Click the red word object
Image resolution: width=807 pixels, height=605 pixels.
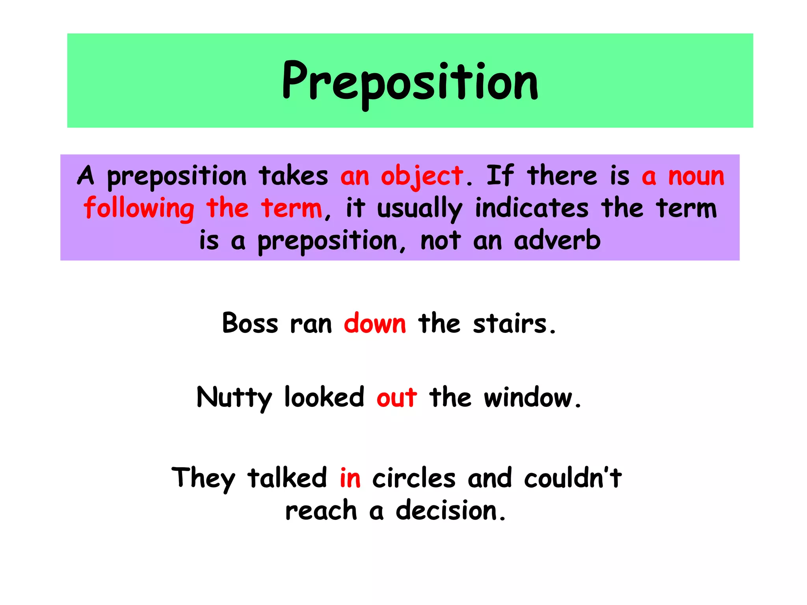pyautogui.click(x=422, y=176)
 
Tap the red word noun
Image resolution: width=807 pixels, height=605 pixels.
pyautogui.click(x=696, y=176)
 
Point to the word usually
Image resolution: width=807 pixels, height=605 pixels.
pyautogui.click(x=419, y=209)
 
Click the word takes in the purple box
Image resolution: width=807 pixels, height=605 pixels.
pyautogui.click(x=294, y=176)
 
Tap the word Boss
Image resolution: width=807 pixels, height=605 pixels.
pyautogui.click(x=250, y=323)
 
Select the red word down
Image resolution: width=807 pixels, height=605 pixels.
pyautogui.click(x=375, y=323)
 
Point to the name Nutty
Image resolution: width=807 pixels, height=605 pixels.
pyautogui.click(x=234, y=398)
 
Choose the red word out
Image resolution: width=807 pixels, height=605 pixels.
pyautogui.click(x=397, y=398)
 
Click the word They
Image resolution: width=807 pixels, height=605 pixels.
pyautogui.click(x=203, y=478)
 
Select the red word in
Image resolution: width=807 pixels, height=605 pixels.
pyautogui.click(x=350, y=477)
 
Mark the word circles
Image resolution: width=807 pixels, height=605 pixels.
pyautogui.click(x=414, y=478)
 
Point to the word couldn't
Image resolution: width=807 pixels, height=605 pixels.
pyautogui.click(x=573, y=477)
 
